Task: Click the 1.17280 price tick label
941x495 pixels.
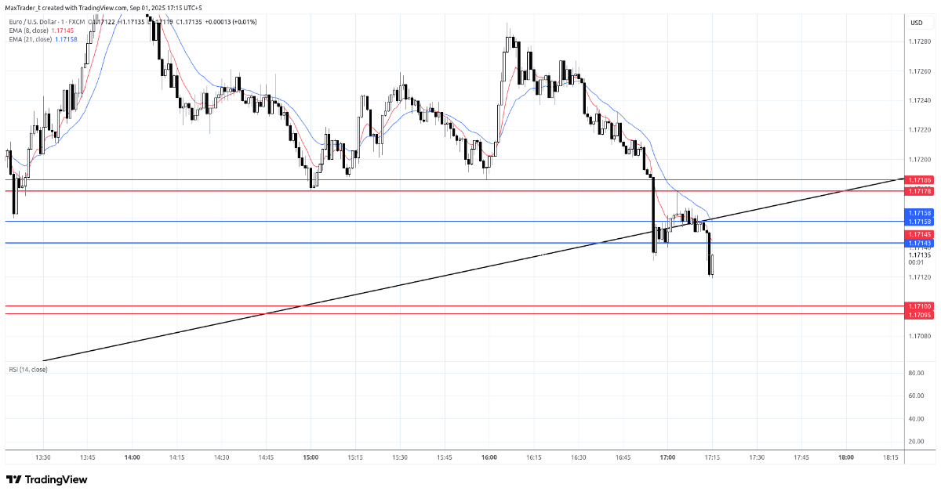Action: [920, 42]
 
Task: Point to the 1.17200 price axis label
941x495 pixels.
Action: [920, 159]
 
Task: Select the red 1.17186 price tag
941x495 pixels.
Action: [920, 180]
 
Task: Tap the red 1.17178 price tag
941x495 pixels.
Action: [920, 191]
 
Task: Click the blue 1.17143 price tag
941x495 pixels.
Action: [920, 244]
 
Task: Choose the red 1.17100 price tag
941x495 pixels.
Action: [920, 306]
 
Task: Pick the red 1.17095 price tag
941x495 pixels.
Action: [920, 315]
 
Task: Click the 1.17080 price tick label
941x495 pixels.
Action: [920, 336]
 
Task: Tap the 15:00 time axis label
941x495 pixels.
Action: [311, 457]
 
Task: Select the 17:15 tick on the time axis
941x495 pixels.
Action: [712, 457]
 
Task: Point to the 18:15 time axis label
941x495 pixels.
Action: [891, 457]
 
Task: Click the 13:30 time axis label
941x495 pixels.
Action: [43, 457]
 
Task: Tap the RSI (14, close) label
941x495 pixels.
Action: [28, 369]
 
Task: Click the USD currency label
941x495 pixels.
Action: [917, 23]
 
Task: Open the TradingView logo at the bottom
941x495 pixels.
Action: [47, 479]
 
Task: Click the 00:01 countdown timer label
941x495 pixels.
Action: [916, 262]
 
